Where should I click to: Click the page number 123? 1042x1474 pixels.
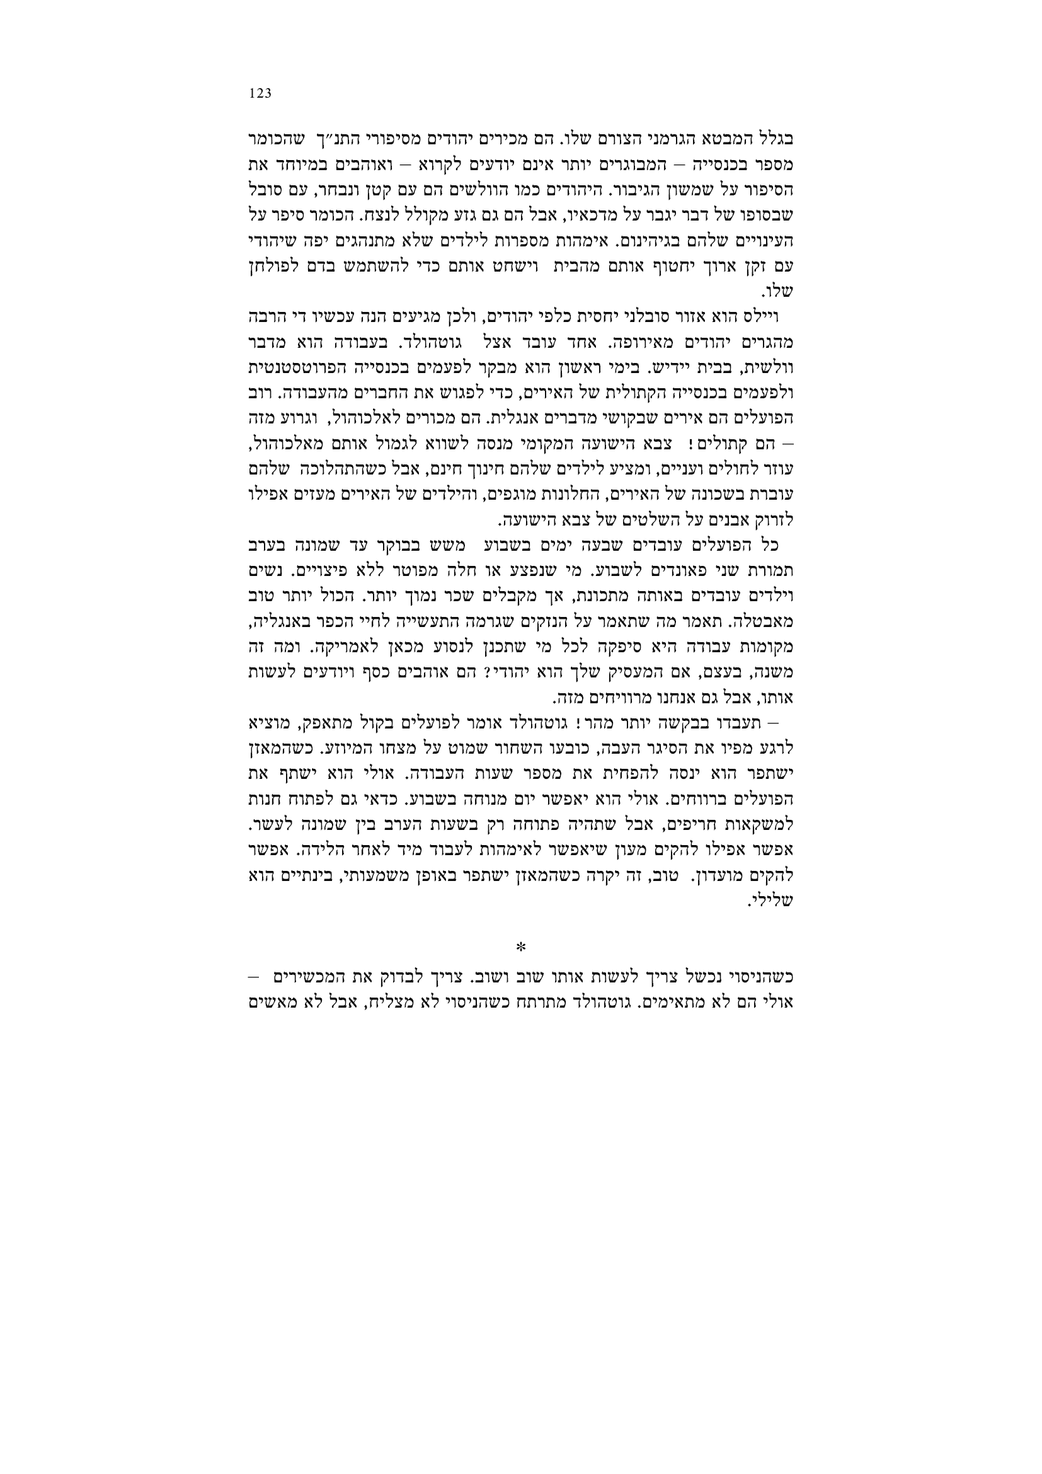[x=261, y=94]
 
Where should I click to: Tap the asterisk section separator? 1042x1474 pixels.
[x=520, y=948]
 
